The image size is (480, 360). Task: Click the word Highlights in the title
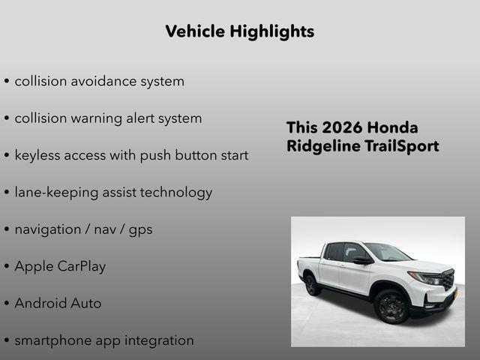tap(273, 31)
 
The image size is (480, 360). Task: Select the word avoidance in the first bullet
tap(103, 81)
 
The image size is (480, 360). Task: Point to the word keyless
tap(40, 155)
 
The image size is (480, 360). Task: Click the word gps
tap(139, 230)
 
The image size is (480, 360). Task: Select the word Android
tap(41, 304)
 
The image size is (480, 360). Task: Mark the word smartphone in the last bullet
tap(52, 340)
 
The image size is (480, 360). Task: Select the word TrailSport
tap(400, 146)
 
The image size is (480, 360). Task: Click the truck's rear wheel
tap(310, 284)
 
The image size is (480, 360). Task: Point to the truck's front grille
tap(448, 280)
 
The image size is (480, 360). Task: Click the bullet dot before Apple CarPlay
tap(6, 267)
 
